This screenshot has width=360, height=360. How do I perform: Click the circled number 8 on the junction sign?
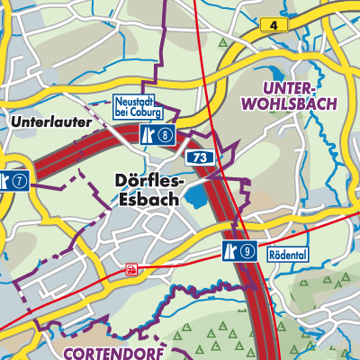tap(166, 135)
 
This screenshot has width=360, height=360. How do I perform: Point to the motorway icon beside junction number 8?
tap(148, 135)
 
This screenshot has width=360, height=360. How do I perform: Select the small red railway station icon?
tap(132, 267)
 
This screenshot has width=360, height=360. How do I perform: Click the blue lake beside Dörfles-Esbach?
tap(195, 197)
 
